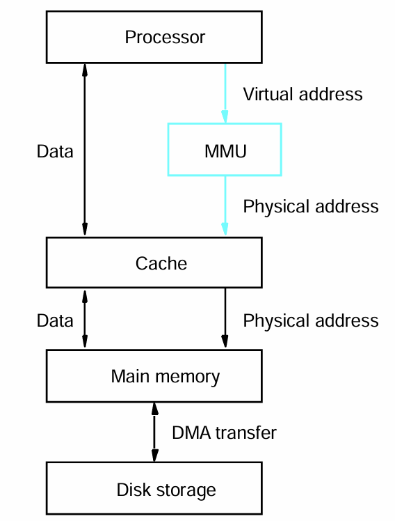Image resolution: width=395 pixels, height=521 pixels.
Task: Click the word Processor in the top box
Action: pos(165,37)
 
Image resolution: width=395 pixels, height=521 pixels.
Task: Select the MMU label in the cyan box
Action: pos(225,152)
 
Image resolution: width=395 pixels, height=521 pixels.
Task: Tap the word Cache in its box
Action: pos(161,263)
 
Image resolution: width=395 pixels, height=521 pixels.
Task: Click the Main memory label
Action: pos(166,377)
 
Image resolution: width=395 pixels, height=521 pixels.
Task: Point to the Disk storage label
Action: pos(166,490)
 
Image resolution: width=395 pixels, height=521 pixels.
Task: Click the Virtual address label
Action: pos(303,94)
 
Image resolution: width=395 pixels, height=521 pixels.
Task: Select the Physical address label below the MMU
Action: pos(311,207)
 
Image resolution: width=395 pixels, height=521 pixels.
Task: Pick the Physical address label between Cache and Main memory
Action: pos(311,321)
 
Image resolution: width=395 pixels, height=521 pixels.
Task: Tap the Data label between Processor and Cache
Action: pos(55,152)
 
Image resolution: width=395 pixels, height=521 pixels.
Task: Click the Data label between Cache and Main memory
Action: pos(55,321)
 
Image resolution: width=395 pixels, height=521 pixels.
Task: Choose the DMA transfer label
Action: pos(224,433)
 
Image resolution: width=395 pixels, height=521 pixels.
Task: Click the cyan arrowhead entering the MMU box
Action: pos(225,116)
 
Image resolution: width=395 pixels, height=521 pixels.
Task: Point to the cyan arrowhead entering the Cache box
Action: pos(225,228)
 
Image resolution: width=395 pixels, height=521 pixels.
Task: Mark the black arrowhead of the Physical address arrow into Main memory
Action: pos(225,341)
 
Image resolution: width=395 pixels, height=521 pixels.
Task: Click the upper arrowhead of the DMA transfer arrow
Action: pos(154,409)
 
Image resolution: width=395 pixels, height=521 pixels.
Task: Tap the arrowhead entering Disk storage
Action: pos(154,456)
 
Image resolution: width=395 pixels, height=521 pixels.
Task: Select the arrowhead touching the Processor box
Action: pos(85,70)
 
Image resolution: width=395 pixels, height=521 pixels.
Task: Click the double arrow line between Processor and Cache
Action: pos(85,150)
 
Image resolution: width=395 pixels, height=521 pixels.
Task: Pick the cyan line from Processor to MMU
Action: pos(225,93)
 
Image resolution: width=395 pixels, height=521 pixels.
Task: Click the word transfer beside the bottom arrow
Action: pos(245,433)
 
